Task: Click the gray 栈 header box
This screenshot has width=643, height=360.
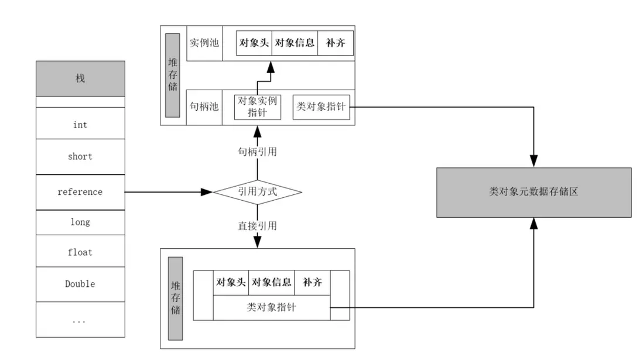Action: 80,78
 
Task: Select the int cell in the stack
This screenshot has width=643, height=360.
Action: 80,124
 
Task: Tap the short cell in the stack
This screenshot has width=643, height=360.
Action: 80,156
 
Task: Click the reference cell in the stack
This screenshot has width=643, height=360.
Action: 80,191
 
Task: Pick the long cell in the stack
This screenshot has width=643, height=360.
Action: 80,222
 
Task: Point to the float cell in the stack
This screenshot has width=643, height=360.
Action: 80,252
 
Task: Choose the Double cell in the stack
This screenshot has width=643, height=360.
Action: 80,284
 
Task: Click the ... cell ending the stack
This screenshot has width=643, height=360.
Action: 80,320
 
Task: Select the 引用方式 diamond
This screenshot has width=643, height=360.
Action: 257,191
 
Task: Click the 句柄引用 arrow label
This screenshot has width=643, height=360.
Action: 257,152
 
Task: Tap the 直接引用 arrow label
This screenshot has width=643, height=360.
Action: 257,225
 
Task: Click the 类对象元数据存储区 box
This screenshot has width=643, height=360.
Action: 533,192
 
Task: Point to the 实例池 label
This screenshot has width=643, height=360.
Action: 204,43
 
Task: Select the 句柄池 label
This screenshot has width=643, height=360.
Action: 204,107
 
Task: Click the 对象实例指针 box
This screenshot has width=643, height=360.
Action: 257,107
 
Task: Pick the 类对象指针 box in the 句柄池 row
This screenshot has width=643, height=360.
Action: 321,107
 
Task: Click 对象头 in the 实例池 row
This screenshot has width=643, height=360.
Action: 254,43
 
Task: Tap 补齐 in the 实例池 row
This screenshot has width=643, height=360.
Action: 336,43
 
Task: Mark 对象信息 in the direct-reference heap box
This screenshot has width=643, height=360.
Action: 272,282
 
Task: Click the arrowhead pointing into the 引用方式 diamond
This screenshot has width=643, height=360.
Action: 207,191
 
